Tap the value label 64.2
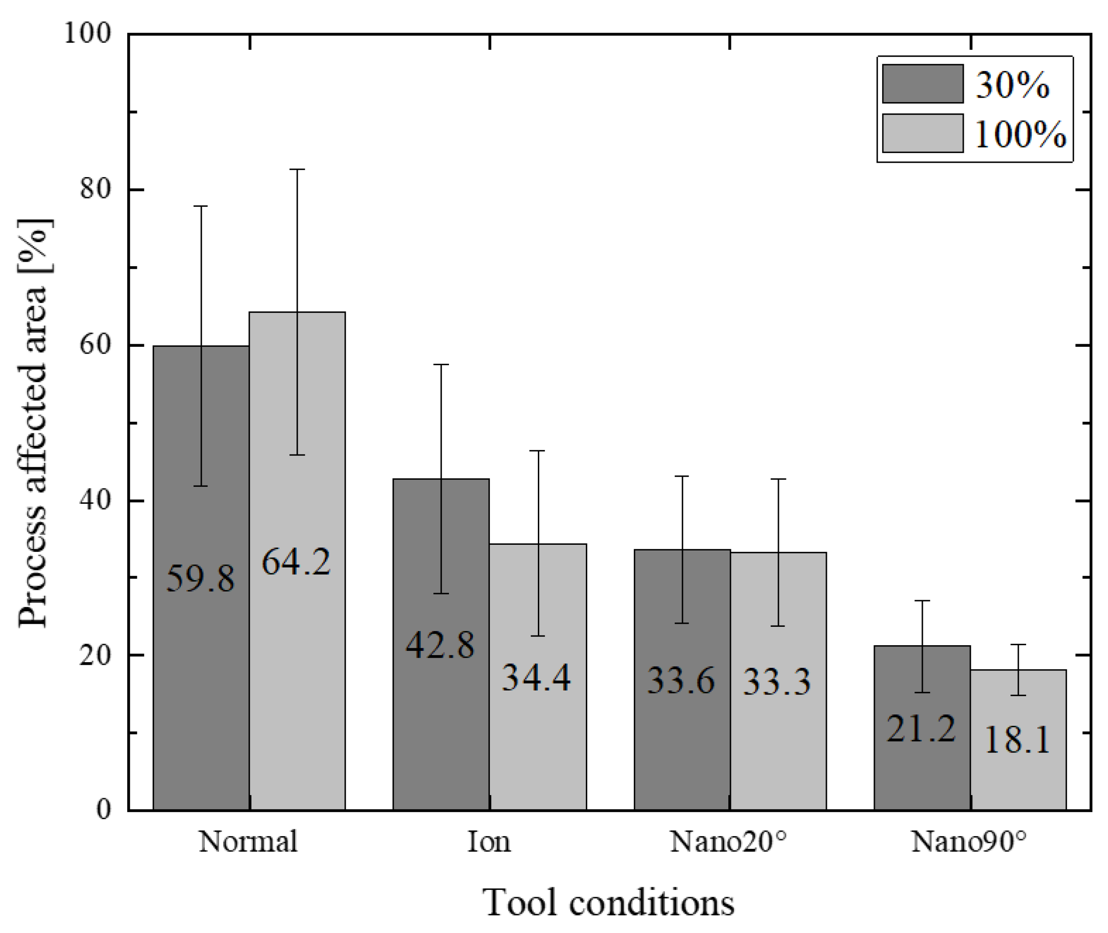pos(296,561)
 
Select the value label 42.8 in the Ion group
pos(440,645)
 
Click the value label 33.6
pos(681,680)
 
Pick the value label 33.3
pos(777,682)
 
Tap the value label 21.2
pos(921,729)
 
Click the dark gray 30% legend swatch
pos(922,84)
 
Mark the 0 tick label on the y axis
pos(104,809)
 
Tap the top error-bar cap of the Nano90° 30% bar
pos(922,601)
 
